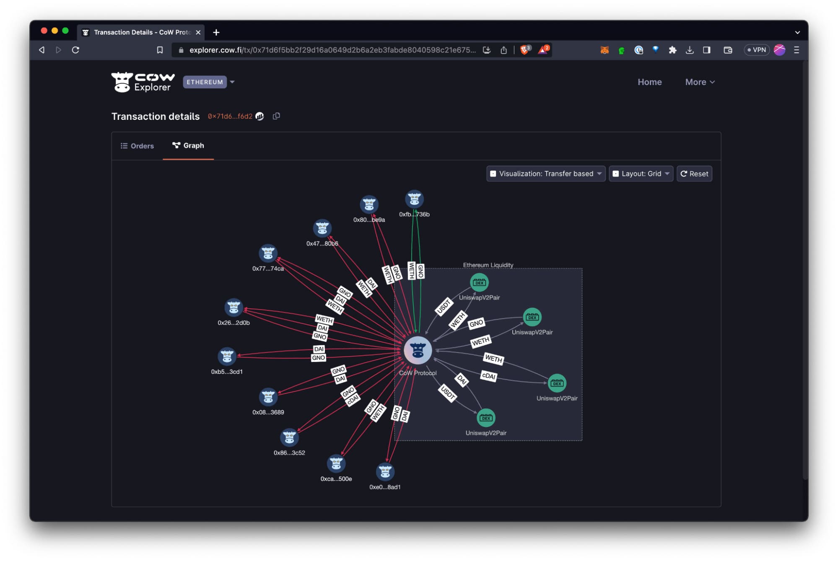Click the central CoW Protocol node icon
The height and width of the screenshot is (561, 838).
coord(418,350)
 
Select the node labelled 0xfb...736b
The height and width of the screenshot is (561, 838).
coord(414,199)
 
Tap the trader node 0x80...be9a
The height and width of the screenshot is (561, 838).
coord(369,204)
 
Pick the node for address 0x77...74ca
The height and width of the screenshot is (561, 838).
coord(268,253)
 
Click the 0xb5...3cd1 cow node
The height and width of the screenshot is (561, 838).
coord(227,357)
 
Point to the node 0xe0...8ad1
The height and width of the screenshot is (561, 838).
coord(385,472)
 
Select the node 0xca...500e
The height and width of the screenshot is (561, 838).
coord(336,464)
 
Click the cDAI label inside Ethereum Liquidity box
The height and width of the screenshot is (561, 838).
coord(488,376)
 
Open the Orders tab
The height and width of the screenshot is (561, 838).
coord(137,146)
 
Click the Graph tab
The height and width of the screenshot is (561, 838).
coord(188,145)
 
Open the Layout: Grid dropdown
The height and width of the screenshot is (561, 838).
coord(641,173)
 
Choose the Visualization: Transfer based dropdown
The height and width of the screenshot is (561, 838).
coord(546,173)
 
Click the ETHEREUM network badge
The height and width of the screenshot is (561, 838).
coord(205,82)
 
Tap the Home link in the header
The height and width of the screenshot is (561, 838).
coord(649,82)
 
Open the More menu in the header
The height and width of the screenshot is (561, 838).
coord(700,82)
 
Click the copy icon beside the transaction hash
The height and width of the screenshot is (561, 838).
coord(276,116)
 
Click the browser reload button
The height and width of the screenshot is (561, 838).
coord(75,50)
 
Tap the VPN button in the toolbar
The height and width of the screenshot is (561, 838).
coord(756,50)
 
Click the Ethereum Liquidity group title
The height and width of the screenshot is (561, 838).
coord(488,265)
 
